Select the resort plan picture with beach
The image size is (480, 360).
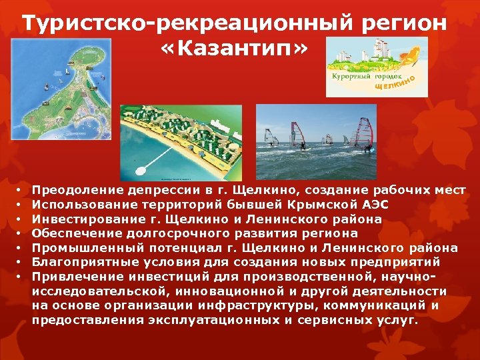181,143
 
